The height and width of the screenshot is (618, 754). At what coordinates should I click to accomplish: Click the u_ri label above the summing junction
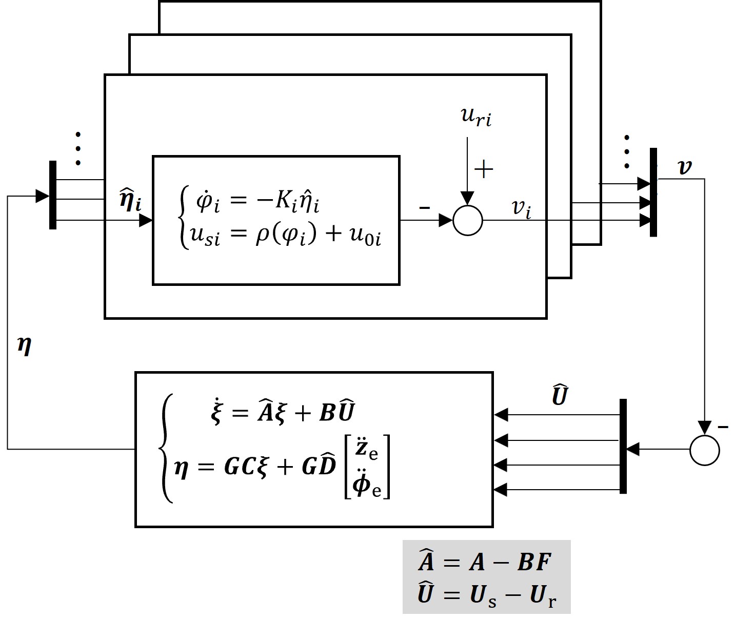tap(476, 117)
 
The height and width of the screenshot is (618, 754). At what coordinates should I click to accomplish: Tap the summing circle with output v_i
tap(468, 221)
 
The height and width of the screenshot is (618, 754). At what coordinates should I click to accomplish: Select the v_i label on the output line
tap(521, 208)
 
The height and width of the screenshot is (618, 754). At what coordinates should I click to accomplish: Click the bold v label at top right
tap(684, 167)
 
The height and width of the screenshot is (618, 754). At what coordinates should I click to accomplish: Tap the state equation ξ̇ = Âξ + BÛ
tap(283, 413)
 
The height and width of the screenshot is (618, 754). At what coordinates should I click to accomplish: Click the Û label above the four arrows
tap(559, 395)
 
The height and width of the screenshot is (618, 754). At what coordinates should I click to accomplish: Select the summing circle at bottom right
tap(705, 450)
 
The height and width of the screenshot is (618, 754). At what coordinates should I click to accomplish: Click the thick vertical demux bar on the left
tap(53, 195)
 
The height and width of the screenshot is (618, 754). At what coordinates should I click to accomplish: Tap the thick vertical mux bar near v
tap(653, 192)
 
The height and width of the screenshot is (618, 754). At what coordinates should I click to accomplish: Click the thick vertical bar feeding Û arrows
tap(623, 446)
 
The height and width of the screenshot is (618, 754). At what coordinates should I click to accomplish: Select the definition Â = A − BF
tap(485, 562)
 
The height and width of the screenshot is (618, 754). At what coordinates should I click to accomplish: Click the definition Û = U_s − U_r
tap(487, 595)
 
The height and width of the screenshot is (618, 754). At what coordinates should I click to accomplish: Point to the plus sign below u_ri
tap(484, 169)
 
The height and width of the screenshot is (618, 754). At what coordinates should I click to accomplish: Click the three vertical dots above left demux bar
tap(78, 149)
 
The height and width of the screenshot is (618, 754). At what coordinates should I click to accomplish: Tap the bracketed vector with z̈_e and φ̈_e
tap(367, 466)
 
